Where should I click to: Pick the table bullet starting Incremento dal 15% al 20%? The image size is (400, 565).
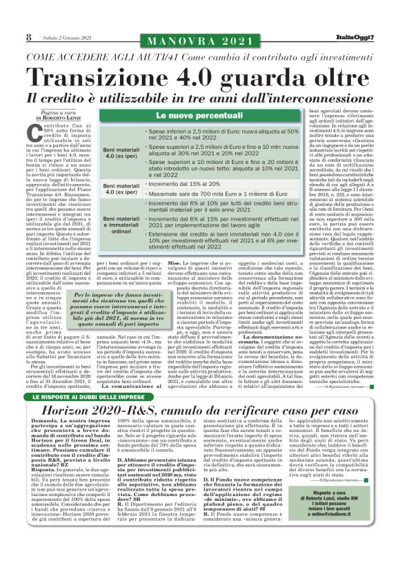(183, 185)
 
